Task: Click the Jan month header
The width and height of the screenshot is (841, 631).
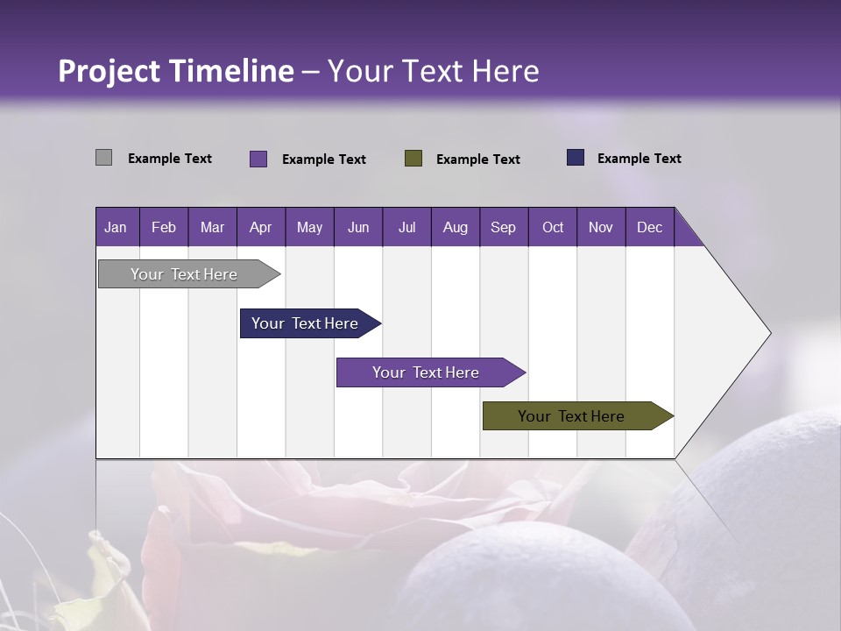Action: tap(117, 227)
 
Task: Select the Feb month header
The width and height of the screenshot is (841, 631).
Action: tap(164, 227)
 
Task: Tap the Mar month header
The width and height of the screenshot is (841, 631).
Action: tap(212, 227)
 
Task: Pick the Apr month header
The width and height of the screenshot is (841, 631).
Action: tap(261, 227)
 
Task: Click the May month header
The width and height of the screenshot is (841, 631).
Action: tap(309, 227)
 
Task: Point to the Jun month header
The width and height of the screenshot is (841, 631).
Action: tap(358, 227)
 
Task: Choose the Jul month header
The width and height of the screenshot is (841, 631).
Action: tap(406, 227)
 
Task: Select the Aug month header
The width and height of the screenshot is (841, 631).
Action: tap(456, 227)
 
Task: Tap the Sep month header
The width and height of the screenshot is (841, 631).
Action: tap(504, 227)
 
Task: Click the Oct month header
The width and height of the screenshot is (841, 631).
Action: tap(553, 227)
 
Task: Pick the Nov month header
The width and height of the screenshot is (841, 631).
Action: tap(601, 227)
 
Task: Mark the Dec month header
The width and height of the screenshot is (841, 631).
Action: tap(649, 227)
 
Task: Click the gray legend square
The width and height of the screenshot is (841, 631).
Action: tap(104, 158)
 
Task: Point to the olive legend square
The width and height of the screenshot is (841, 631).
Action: tap(413, 158)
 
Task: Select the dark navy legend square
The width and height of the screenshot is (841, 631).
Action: tap(576, 158)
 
